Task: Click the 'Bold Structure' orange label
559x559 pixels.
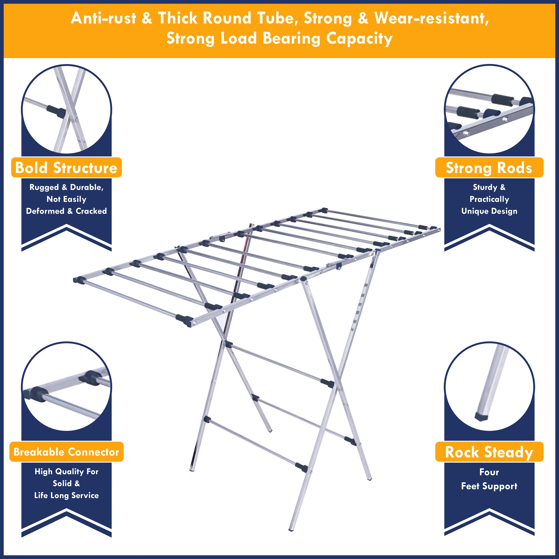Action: coord(66,168)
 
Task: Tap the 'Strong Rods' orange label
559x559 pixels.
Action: coord(489,168)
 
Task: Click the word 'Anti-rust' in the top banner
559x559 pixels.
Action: coord(103,18)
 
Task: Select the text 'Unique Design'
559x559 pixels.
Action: coord(489,211)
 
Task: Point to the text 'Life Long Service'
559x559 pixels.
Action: coord(66,495)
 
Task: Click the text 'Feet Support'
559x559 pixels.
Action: coord(489,486)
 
